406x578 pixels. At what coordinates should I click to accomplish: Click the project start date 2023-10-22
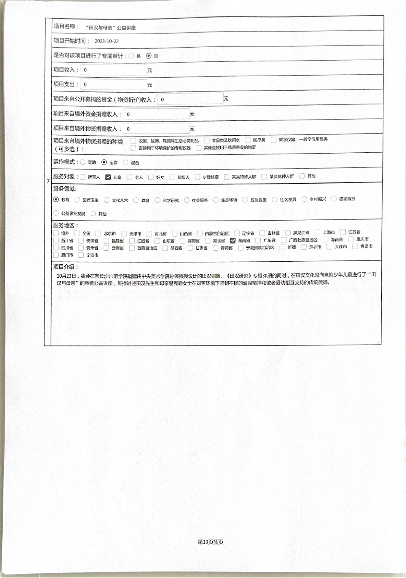[107, 41]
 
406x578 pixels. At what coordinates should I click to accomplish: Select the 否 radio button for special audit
[149, 56]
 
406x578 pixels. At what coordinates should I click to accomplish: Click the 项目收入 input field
[114, 70]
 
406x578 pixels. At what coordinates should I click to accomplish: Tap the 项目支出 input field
[114, 85]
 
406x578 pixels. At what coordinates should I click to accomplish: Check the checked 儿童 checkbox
[108, 177]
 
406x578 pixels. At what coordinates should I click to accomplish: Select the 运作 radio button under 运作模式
[104, 162]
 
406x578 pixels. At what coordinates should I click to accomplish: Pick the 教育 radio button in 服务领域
[56, 199]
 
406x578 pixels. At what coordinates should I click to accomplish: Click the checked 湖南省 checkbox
[233, 240]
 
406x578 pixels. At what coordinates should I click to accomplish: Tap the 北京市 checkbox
[99, 233]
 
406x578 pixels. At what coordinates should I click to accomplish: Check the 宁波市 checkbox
[81, 255]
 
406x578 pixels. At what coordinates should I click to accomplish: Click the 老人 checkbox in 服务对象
[130, 177]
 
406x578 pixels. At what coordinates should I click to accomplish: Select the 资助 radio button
[83, 162]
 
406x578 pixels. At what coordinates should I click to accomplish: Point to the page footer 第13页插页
[210, 542]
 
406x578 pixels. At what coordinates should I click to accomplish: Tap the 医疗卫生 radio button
[78, 200]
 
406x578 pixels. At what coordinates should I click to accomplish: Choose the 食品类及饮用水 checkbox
[207, 140]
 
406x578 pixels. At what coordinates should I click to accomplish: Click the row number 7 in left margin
[48, 181]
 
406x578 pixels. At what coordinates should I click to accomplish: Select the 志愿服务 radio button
[334, 199]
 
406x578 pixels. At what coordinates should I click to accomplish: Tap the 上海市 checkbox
[317, 232]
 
